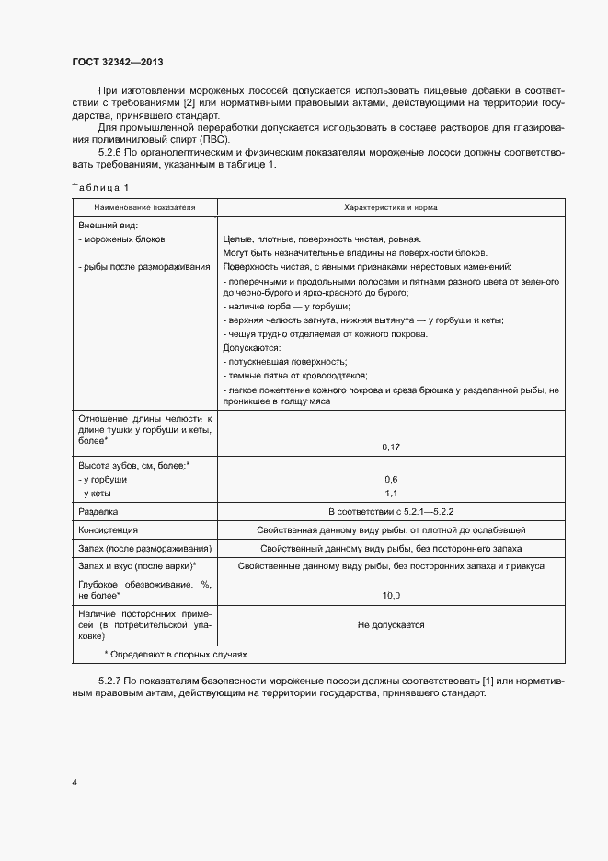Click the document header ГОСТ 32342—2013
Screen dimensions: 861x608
(x=118, y=63)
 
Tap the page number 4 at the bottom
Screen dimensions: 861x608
(x=75, y=782)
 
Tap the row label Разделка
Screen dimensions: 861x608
(x=98, y=511)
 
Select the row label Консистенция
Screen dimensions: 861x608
(x=109, y=530)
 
